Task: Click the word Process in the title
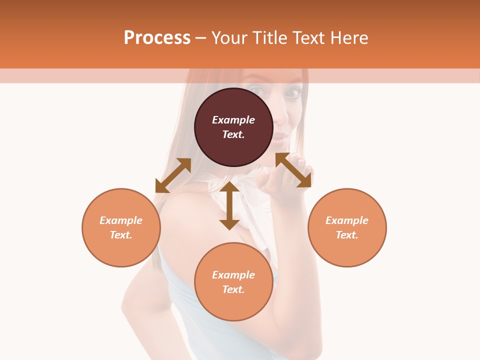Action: point(157,38)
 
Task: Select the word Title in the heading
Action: point(269,38)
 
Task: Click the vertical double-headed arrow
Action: point(229,205)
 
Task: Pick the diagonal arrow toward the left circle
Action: point(173,175)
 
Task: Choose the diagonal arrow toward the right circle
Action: point(293,170)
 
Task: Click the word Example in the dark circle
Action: point(233,120)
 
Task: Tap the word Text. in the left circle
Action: point(121,235)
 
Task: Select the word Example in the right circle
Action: point(347,220)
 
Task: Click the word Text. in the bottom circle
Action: point(233,289)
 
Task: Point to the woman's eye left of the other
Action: point(256,90)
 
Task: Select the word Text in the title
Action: point(308,38)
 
